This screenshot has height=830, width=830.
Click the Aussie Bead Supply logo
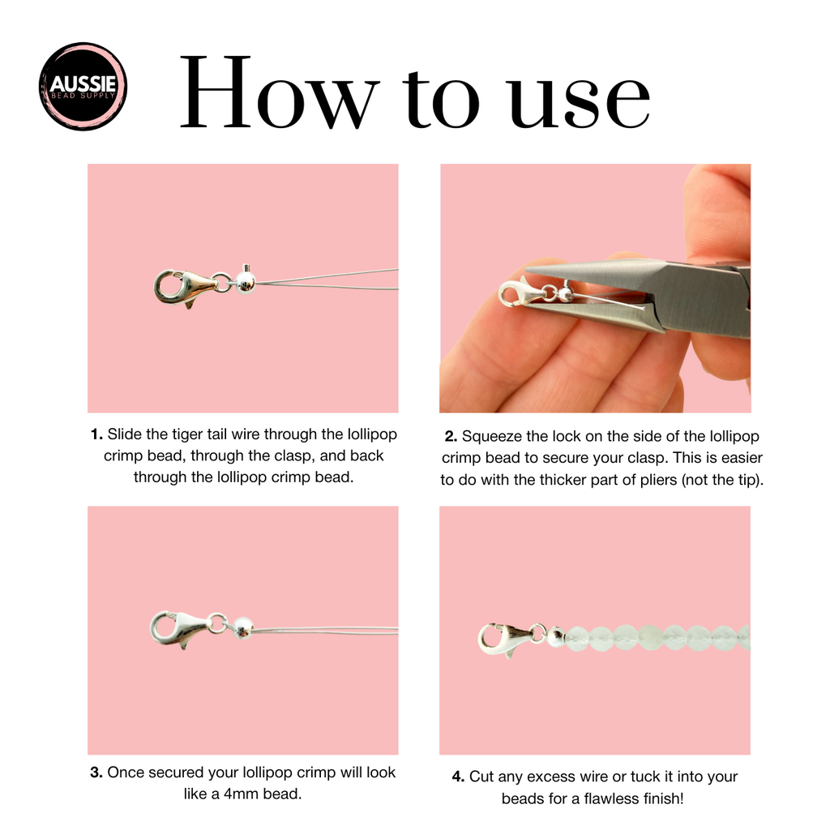click(x=83, y=86)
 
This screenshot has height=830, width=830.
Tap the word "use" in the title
click(x=580, y=100)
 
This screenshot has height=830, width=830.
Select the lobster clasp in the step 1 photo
click(x=186, y=288)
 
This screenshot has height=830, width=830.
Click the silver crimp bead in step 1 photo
click(x=245, y=281)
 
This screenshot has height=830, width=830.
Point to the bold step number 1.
click(x=96, y=434)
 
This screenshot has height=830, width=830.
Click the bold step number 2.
click(x=451, y=437)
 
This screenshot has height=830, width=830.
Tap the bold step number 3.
click(x=96, y=772)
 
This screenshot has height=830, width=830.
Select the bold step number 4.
click(x=459, y=777)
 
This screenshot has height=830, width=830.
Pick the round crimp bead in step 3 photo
click(x=243, y=628)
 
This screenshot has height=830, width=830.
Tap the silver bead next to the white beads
click(x=556, y=637)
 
